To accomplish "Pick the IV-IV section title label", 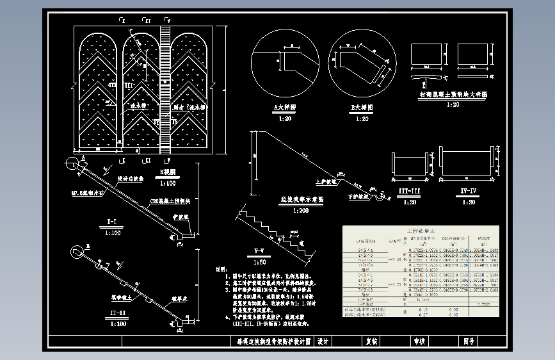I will [x=468, y=192].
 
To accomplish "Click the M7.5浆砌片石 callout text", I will [x=85, y=191].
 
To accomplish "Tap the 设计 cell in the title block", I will [x=323, y=341].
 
